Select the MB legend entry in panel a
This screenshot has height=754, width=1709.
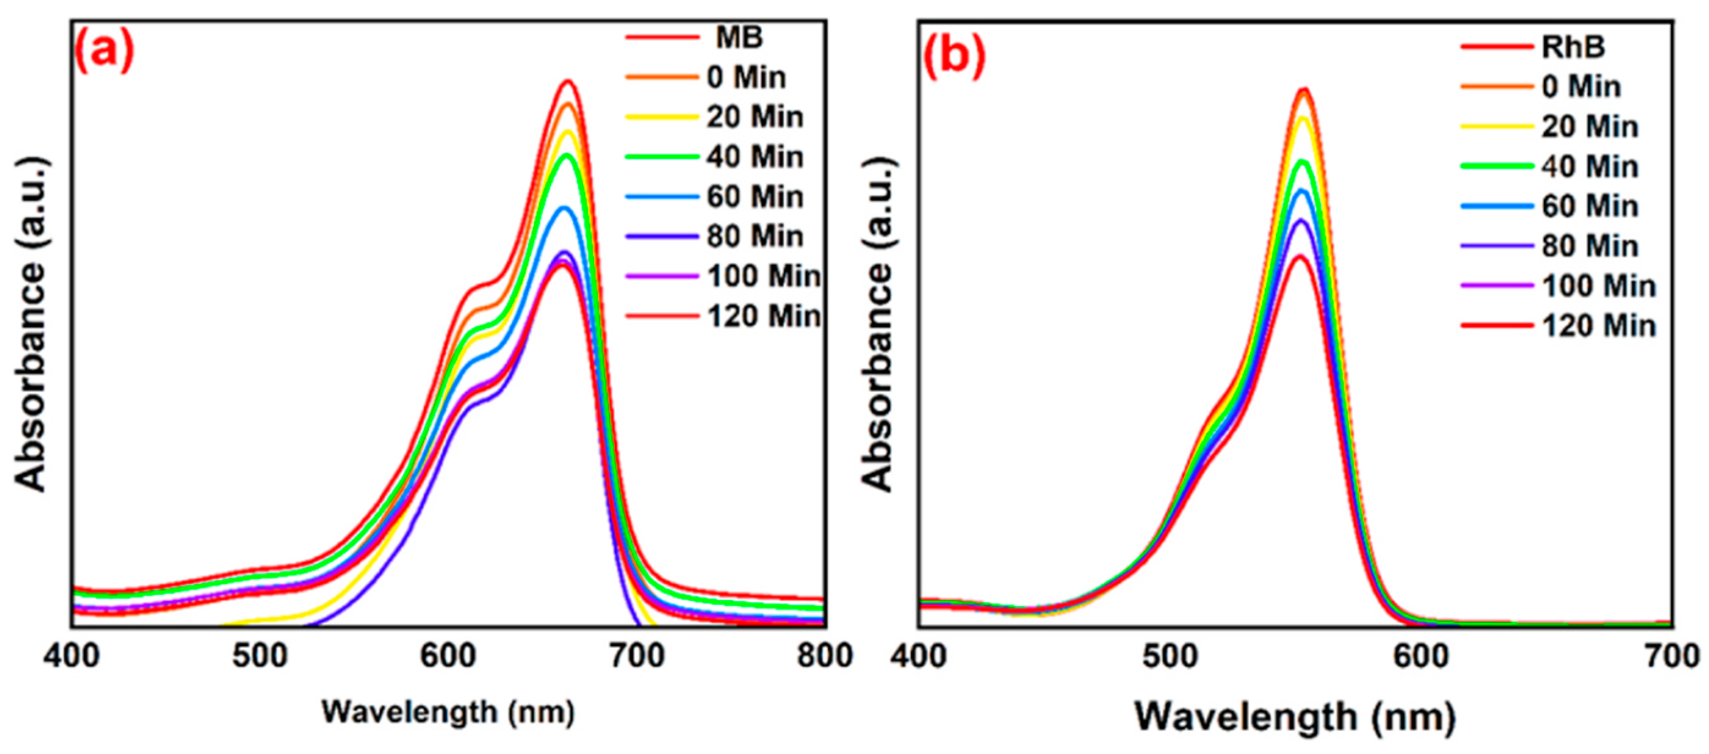coord(739,38)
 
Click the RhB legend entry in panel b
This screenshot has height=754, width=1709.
coord(1573,47)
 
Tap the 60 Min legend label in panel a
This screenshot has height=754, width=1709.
coord(755,197)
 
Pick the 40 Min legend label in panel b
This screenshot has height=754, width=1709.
coord(1590,166)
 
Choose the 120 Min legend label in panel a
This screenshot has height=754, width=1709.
coord(764,316)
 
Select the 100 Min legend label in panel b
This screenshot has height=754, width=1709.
coord(1598,286)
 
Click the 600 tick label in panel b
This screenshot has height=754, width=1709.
coord(1420,657)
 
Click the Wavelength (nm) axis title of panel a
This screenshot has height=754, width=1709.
coord(449,713)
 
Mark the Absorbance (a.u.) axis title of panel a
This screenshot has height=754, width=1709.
coord(31,325)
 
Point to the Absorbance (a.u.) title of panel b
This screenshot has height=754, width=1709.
coord(879,325)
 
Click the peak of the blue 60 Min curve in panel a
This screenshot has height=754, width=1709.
coord(565,209)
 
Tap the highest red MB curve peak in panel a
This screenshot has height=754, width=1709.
coord(568,81)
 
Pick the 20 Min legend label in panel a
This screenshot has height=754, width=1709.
coord(755,117)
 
